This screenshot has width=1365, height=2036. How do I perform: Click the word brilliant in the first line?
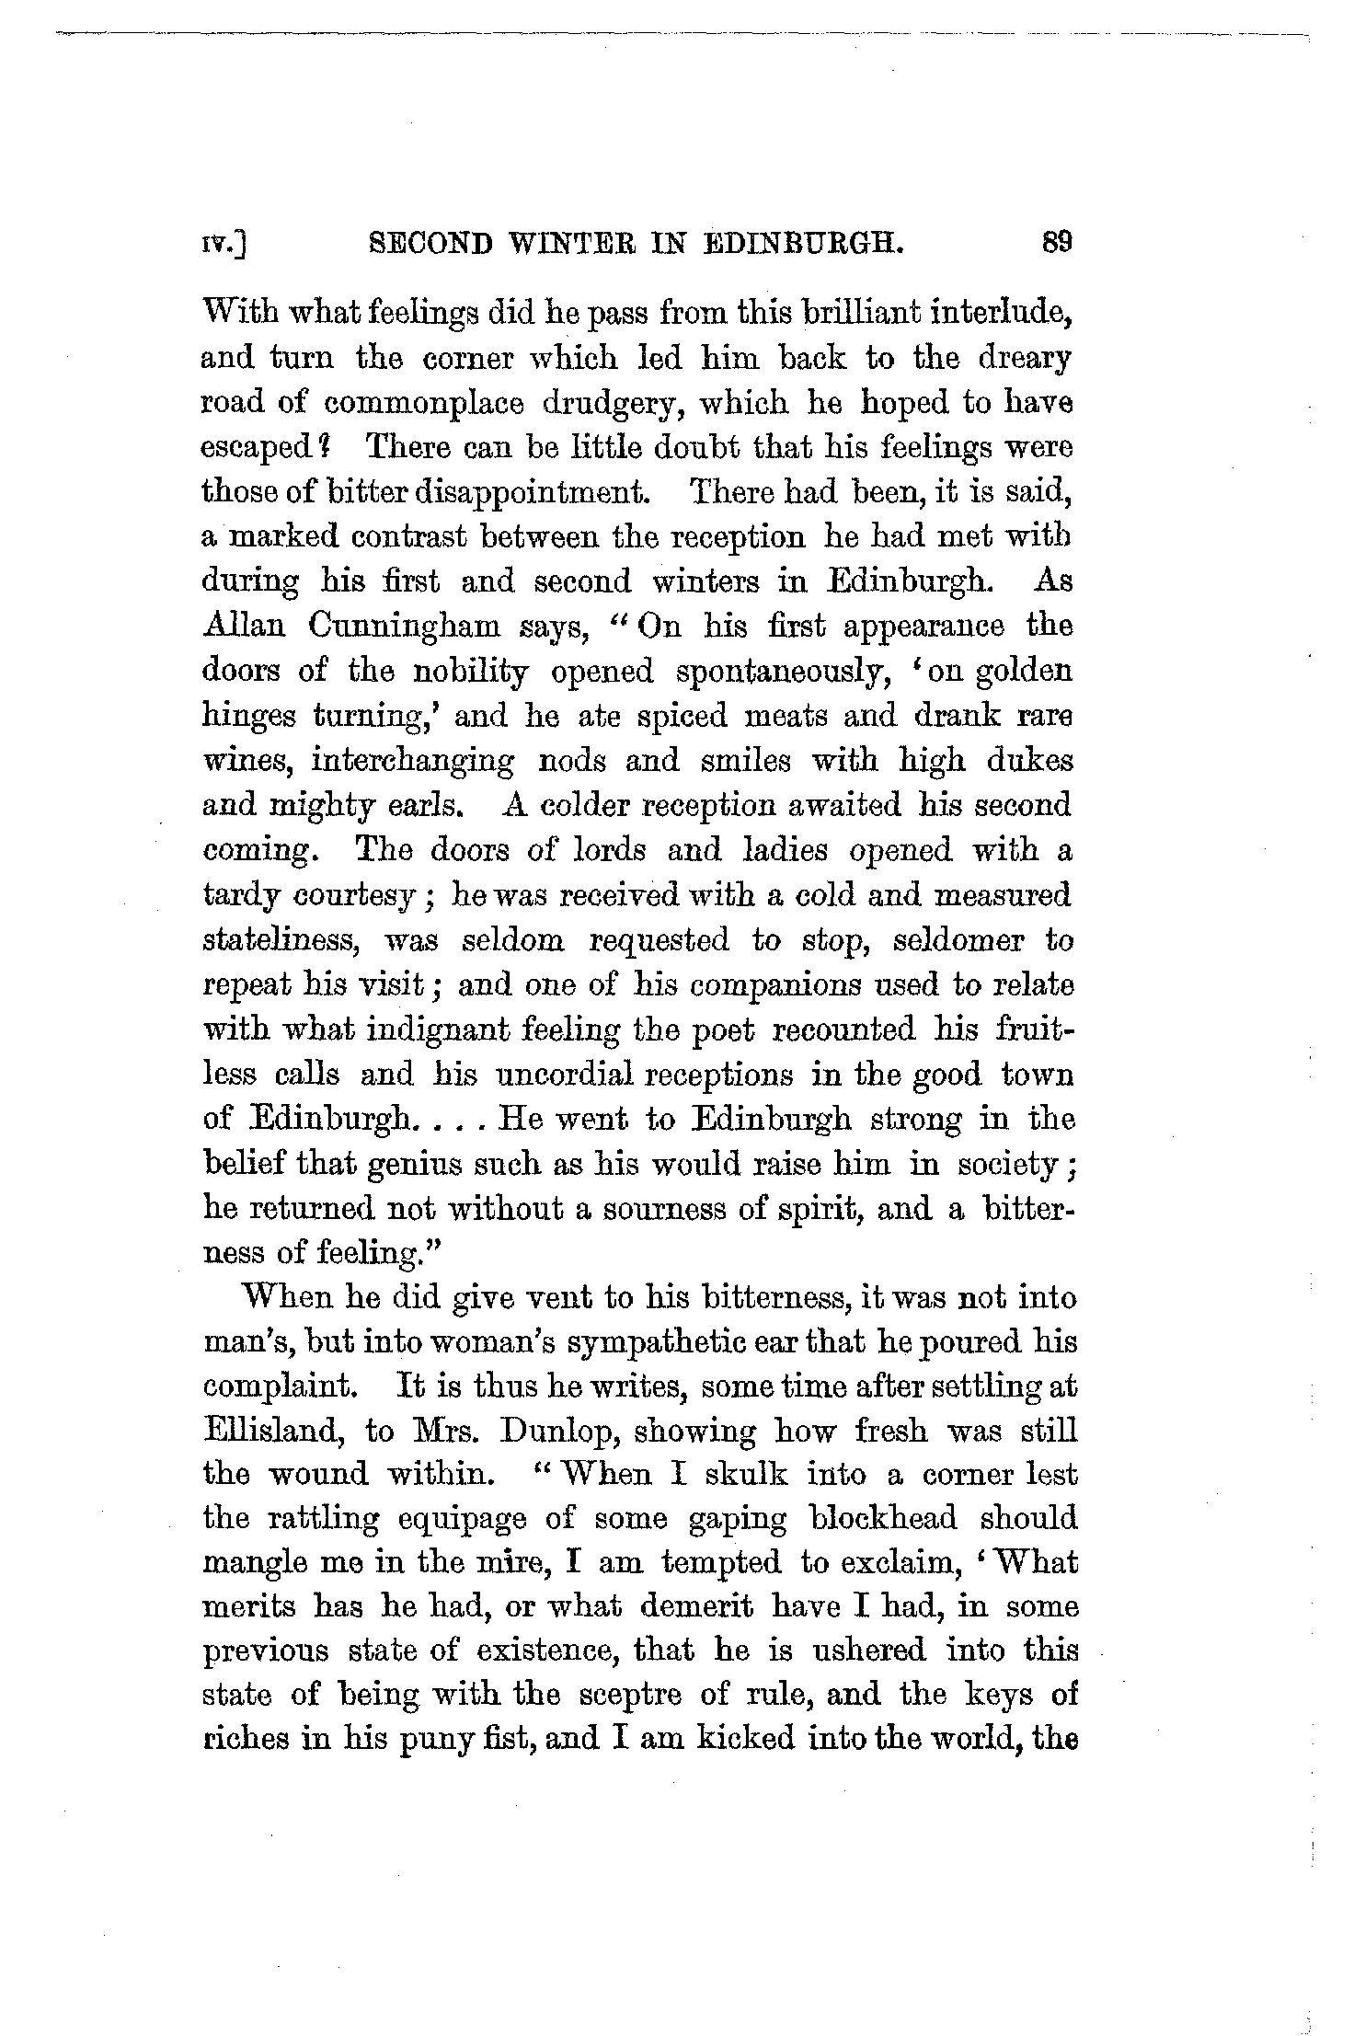coord(854,313)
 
